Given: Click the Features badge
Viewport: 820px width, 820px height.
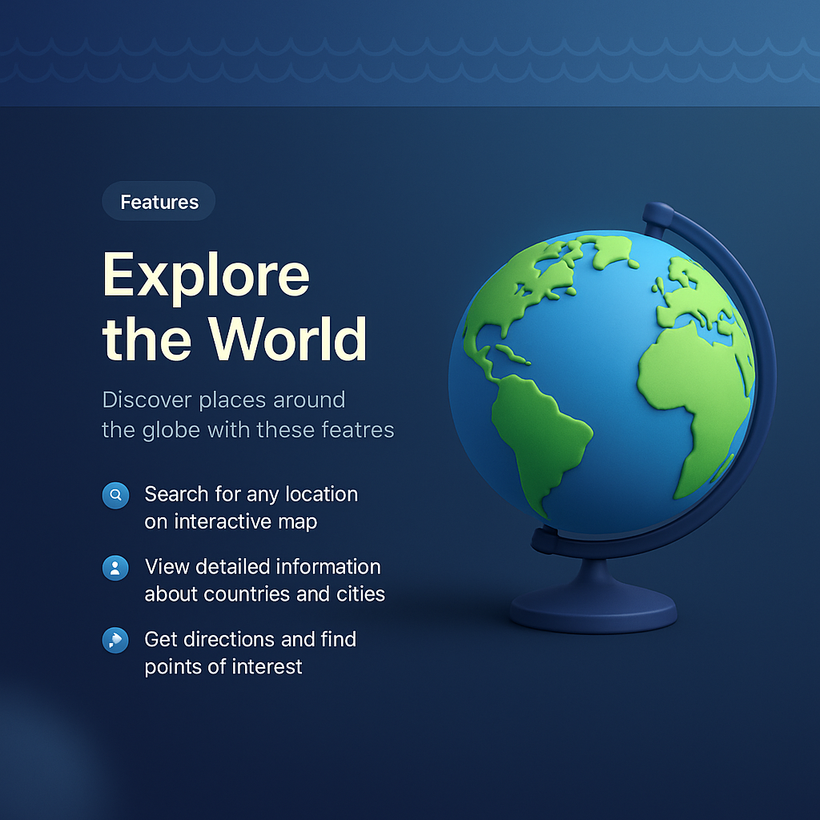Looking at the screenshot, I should click(159, 202).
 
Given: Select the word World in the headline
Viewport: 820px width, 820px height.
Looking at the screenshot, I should click(288, 340).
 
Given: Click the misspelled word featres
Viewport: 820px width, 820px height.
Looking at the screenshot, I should click(357, 430).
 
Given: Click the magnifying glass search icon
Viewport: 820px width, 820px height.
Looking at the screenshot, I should click(115, 496).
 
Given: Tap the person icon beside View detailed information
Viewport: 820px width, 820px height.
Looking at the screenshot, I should click(115, 569).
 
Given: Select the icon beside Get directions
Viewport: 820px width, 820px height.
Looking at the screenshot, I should click(115, 641).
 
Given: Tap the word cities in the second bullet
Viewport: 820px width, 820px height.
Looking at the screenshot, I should click(360, 594).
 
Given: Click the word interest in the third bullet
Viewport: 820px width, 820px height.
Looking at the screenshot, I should click(268, 666).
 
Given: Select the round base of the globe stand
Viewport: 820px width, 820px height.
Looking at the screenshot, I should click(593, 613).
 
